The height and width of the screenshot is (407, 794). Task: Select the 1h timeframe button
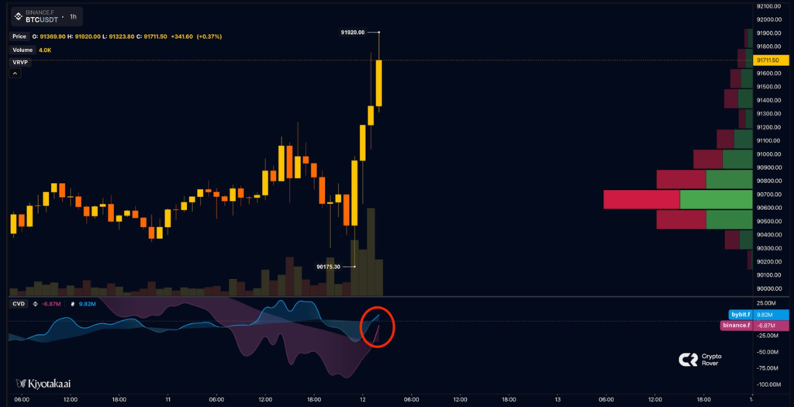tap(73, 16)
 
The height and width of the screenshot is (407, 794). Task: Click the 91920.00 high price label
tap(352, 33)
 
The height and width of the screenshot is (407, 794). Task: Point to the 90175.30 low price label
tap(329, 267)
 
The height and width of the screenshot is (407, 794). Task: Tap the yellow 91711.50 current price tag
tap(772, 60)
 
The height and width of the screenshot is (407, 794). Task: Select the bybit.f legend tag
tap(740, 315)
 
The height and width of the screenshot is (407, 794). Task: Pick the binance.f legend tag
tap(737, 326)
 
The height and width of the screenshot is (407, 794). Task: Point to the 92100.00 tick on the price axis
tap(772, 6)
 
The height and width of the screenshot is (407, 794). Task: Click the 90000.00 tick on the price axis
tap(772, 288)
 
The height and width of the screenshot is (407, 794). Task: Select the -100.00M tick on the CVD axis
tap(771, 385)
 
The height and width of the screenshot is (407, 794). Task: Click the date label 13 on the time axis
tap(557, 400)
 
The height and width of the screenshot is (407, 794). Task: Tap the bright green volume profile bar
tap(716, 199)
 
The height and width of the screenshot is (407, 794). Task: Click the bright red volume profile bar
tap(642, 199)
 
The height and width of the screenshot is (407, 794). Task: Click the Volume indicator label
tap(22, 49)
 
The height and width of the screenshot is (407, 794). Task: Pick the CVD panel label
tap(18, 304)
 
